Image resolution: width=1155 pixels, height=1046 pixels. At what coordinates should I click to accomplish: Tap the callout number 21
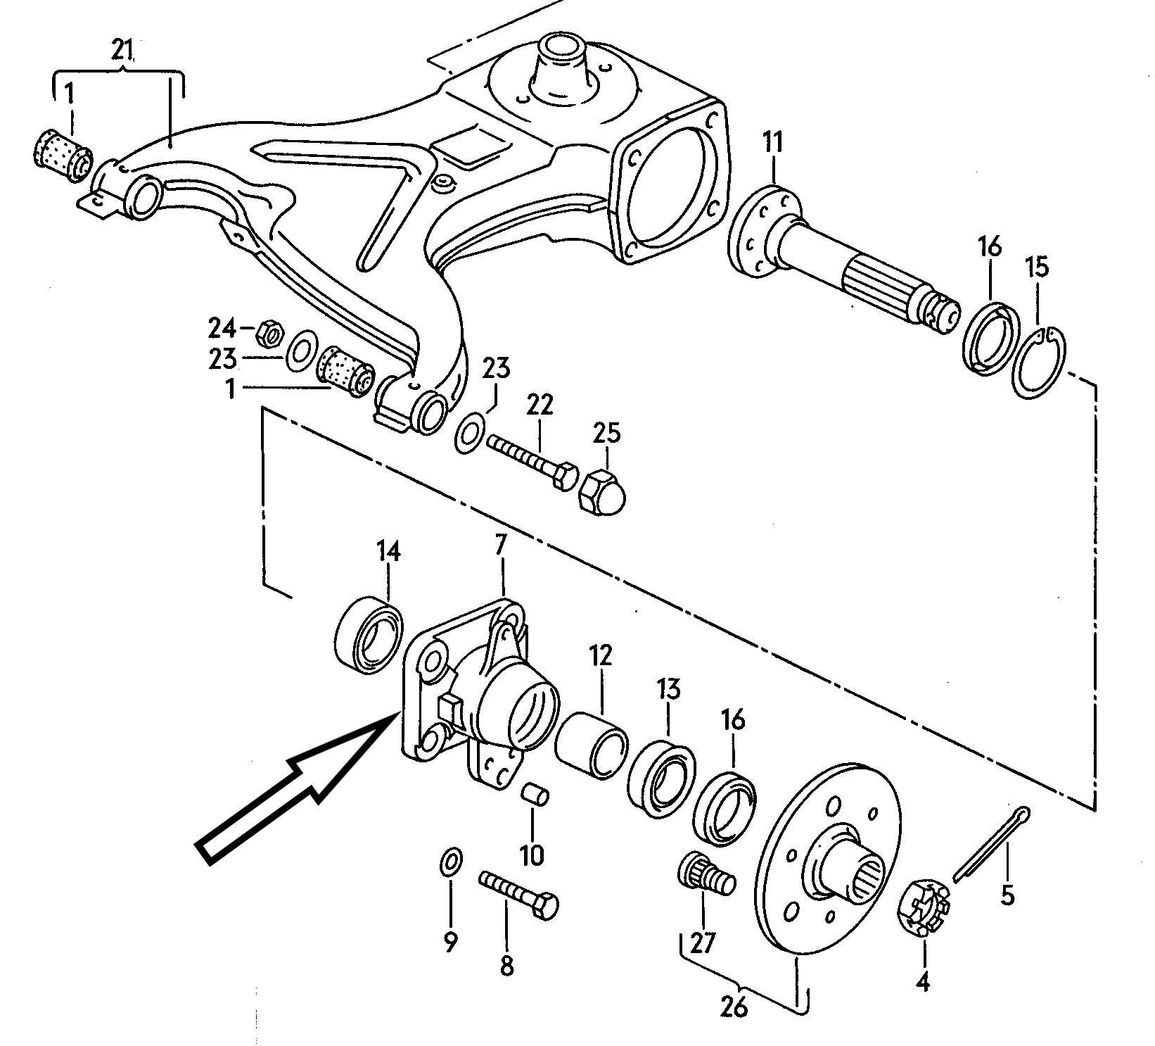123,50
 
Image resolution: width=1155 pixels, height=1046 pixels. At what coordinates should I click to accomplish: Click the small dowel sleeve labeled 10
535,793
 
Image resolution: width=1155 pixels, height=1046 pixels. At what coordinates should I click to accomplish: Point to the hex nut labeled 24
270,333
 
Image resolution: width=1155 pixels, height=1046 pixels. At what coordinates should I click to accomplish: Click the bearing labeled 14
369,631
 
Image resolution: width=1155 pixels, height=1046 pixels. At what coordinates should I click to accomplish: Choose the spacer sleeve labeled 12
592,745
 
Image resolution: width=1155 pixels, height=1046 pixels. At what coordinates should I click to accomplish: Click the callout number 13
669,688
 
